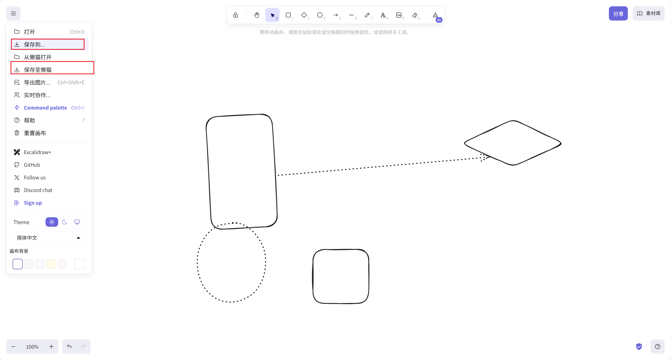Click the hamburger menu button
coord(13,13)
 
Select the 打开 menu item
coord(49,32)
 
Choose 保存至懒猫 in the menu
coord(49,70)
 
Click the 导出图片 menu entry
coord(49,82)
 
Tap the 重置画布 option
coord(49,133)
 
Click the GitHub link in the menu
coord(49,165)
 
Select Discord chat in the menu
coord(49,190)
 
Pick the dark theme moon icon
coord(64,222)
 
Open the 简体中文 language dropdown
coord(49,238)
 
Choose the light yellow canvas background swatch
coord(51,264)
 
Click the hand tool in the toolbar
coord(257,15)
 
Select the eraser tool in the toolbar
coord(415,15)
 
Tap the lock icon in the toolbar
coord(236,15)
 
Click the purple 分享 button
coord(618,13)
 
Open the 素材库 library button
coord(648,13)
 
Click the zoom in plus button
coord(51,347)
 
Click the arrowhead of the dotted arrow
coord(489,157)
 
